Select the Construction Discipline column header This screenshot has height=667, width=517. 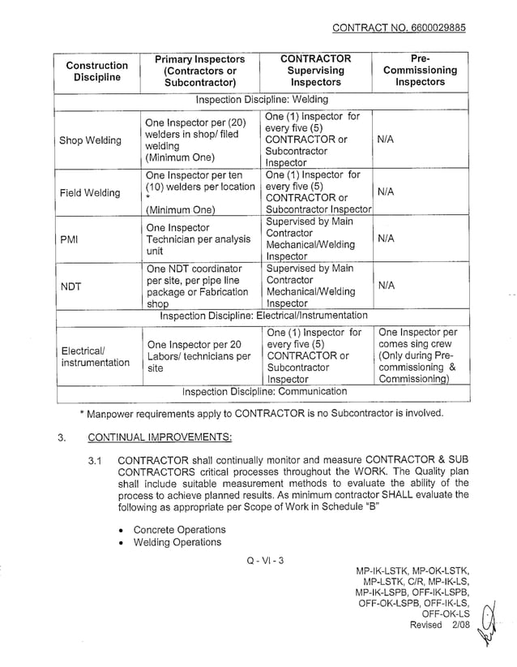(96, 71)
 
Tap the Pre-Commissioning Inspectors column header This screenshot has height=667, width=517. (420, 71)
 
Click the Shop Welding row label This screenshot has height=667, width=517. (91, 140)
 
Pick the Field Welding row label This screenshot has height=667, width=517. (90, 192)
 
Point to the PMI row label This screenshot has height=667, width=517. (71, 239)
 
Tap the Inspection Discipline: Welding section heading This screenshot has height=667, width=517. (262, 100)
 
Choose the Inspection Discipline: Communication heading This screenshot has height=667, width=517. (264, 391)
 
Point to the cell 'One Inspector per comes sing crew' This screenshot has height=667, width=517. (418, 355)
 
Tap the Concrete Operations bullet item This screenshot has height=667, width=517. (179, 529)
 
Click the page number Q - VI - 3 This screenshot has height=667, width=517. (260, 560)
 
